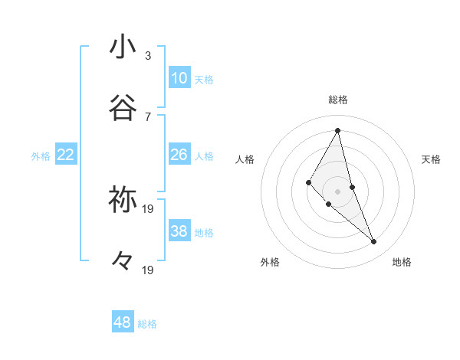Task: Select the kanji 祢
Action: coord(123,199)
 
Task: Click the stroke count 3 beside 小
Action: coord(148,55)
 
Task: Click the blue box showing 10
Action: coord(179,78)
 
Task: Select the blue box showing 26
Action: coord(179,155)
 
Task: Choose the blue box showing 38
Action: coord(179,231)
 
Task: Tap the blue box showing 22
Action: coord(66,155)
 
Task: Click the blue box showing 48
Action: coord(123,322)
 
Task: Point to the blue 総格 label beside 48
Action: coord(147,324)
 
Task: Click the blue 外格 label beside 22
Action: coord(41,156)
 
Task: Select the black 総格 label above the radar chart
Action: coord(338,100)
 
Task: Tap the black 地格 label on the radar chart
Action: coord(402,262)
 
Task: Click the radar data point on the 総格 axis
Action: coord(338,130)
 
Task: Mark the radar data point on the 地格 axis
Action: coord(374,242)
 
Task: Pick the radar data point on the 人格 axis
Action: coord(309,182)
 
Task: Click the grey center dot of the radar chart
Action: coord(338,191)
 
